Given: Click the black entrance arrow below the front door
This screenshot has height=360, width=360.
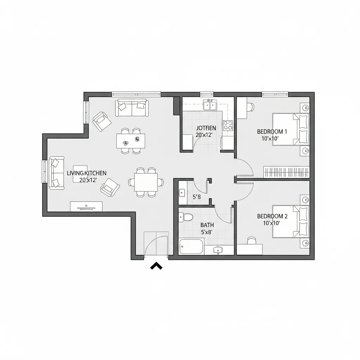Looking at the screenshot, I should click(156, 266).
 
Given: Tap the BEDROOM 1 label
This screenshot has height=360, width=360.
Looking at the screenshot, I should click(272, 131).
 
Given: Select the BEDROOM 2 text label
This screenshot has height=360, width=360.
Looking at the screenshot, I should click(272, 216).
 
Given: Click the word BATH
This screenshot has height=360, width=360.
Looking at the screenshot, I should click(207, 225).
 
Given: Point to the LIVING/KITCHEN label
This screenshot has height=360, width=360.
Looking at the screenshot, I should click(86, 173).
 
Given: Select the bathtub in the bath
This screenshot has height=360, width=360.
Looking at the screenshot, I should click(191, 246).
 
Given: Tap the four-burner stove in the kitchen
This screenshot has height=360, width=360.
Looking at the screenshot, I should click(228, 125).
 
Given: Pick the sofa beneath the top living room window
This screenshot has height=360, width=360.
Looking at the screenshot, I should click(132, 108).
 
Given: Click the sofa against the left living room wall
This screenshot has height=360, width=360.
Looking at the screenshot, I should click(56, 173).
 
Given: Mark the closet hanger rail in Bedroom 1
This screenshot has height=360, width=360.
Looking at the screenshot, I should click(287, 172).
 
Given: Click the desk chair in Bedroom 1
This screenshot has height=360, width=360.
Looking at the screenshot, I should click(250, 107).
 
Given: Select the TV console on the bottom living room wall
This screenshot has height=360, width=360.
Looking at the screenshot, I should click(86, 206).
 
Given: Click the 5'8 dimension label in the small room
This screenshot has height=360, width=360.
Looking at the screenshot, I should click(197, 197).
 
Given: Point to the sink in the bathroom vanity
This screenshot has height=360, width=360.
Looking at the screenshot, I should click(218, 250).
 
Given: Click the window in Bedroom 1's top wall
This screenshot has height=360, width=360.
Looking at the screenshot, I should click(275, 94).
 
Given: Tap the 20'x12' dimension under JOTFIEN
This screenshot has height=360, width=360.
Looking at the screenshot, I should click(204, 134).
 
